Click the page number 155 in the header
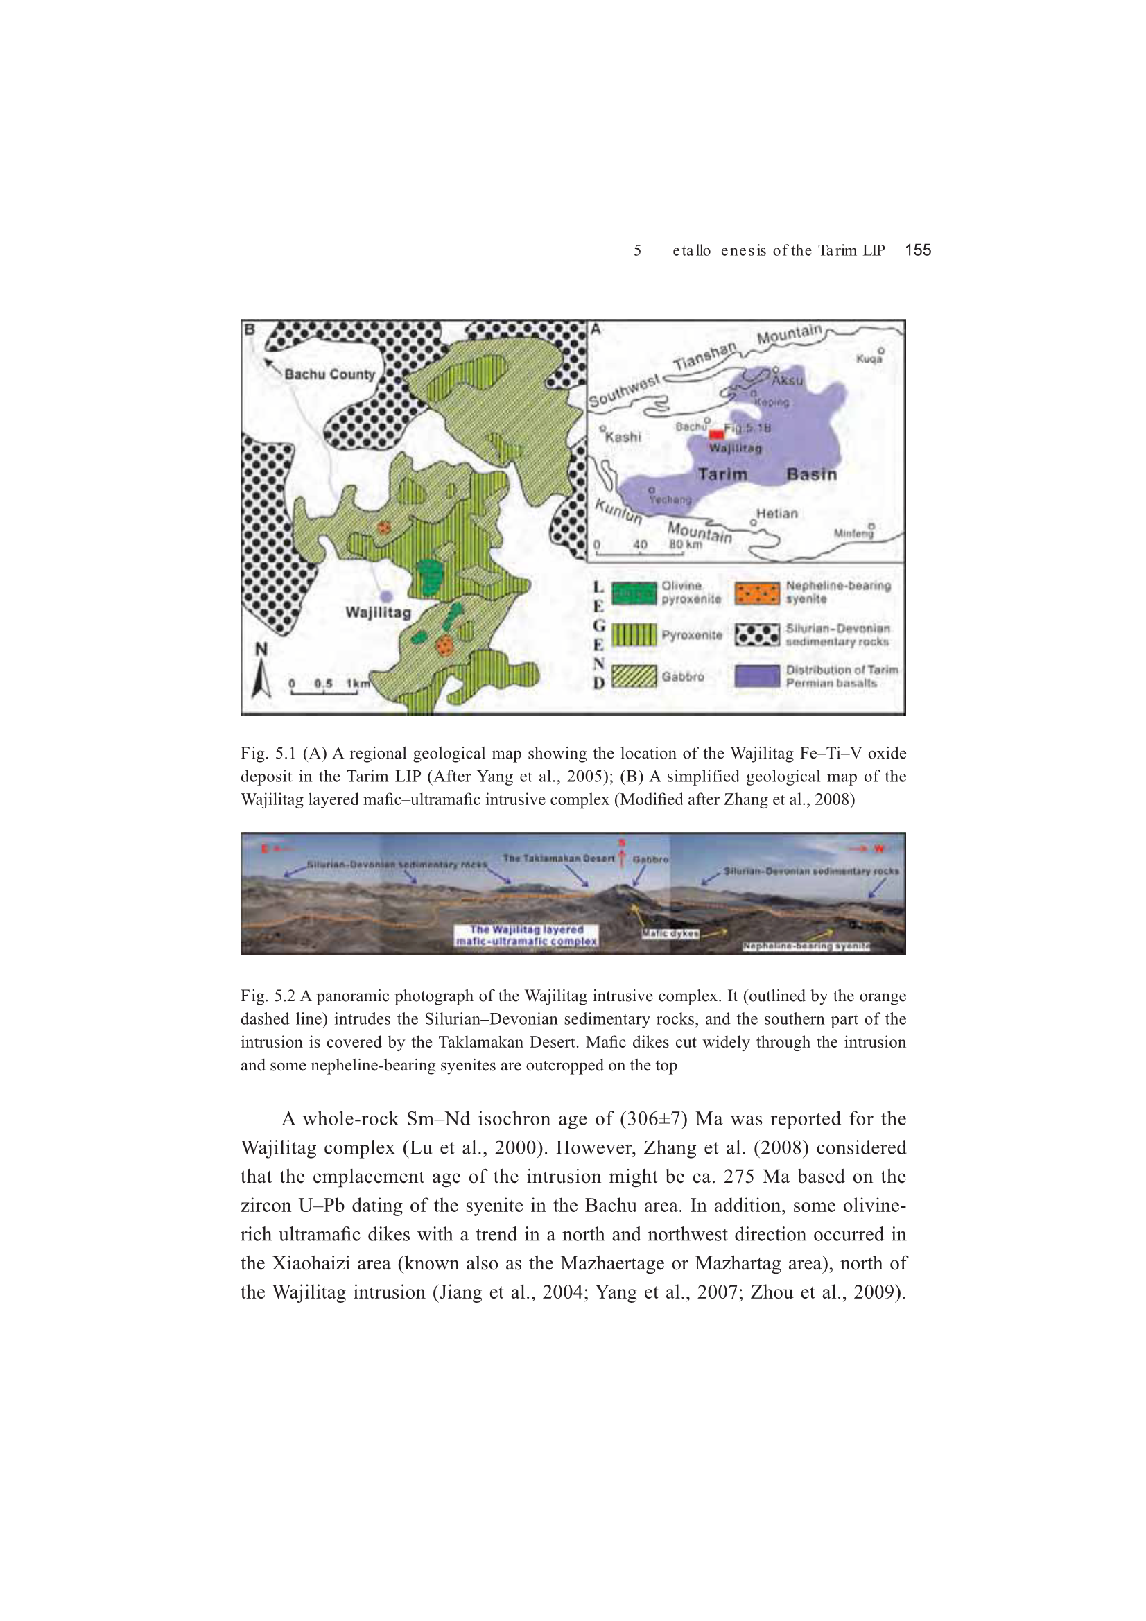917,250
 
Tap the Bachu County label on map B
329,374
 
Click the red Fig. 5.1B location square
716,434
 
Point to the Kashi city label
623,437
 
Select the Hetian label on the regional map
776,513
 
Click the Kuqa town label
869,358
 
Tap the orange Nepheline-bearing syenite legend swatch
756,593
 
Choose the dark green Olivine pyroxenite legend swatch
634,593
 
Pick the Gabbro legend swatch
634,677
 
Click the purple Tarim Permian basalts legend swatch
756,677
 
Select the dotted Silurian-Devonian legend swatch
756,634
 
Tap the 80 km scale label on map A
685,544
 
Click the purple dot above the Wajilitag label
386,596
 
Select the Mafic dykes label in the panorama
670,933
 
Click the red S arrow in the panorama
621,856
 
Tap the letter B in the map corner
250,329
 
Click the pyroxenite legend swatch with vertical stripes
634,634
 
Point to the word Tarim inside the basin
722,474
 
